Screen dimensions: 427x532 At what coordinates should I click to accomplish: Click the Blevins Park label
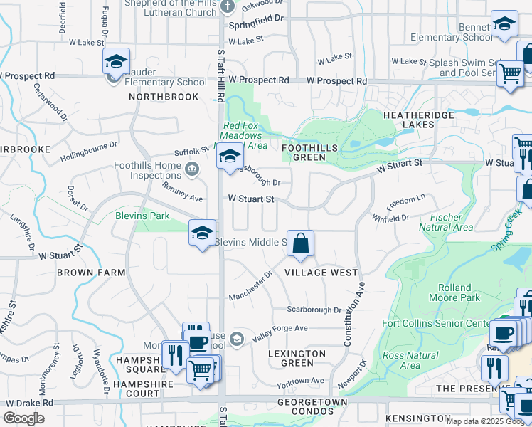click(x=142, y=215)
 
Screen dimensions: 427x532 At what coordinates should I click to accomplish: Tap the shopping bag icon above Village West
click(x=301, y=244)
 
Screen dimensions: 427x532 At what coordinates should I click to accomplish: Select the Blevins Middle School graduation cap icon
click(x=202, y=233)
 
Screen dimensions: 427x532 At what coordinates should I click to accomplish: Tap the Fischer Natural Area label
click(x=447, y=222)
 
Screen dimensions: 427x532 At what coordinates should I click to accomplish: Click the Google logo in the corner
click(x=23, y=418)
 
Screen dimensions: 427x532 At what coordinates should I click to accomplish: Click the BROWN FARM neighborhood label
click(x=87, y=272)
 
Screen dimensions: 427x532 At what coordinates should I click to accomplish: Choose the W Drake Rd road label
click(x=27, y=402)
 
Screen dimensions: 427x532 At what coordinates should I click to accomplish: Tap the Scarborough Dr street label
click(x=314, y=310)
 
